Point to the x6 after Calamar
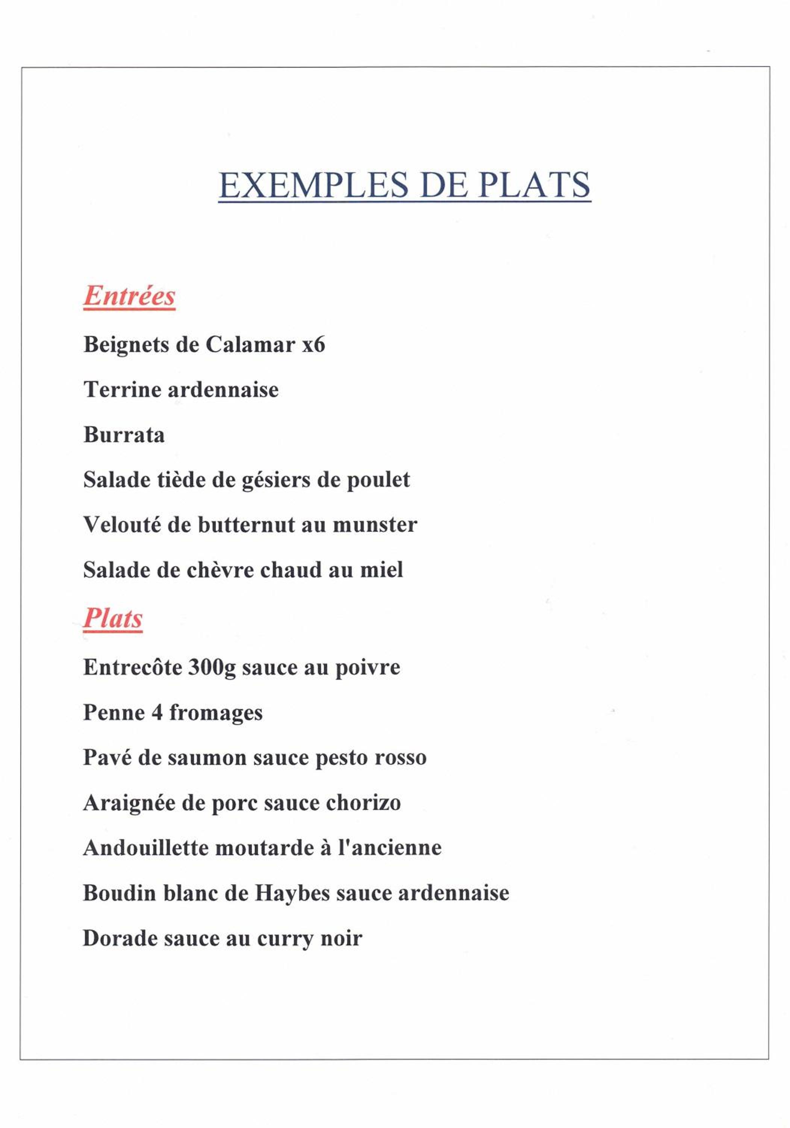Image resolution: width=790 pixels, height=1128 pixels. tap(313, 345)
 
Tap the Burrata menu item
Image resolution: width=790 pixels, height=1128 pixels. tap(124, 435)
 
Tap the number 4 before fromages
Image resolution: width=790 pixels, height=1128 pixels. tap(157, 713)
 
